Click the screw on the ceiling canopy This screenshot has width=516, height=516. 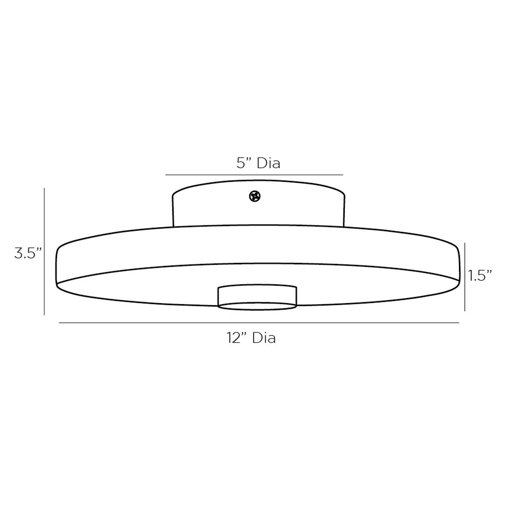(x=255, y=196)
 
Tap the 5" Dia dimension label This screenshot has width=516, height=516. (x=258, y=163)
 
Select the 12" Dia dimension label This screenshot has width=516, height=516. (x=251, y=337)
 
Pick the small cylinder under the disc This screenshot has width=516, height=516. (x=257, y=296)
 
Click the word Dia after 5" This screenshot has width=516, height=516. (x=269, y=163)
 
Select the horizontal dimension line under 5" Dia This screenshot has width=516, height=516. (x=254, y=175)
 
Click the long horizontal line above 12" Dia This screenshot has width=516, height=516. (x=259, y=323)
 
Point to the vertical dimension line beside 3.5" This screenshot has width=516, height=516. (x=44, y=251)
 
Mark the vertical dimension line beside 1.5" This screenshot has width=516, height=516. (x=465, y=277)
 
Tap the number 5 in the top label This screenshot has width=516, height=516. (x=240, y=163)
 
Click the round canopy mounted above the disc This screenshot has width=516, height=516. (x=259, y=207)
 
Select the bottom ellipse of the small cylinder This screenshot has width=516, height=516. (x=257, y=306)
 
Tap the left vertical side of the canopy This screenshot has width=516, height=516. (x=173, y=211)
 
